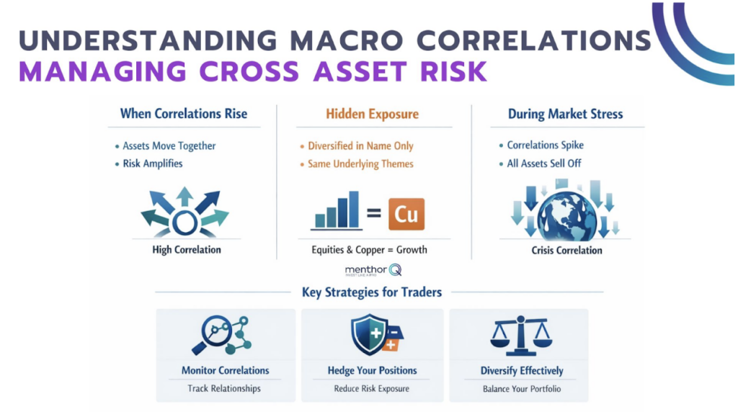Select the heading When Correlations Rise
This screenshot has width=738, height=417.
[184, 113]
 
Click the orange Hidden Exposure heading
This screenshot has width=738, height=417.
[372, 114]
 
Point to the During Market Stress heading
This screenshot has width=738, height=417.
[566, 114]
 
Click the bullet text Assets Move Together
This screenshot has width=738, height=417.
[169, 145]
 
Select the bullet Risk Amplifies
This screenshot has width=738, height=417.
[153, 163]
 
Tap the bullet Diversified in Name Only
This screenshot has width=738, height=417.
[360, 145]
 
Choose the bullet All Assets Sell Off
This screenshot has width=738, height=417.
[544, 163]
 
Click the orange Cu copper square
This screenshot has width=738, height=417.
[406, 214]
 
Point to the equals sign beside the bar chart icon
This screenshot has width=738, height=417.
[374, 214]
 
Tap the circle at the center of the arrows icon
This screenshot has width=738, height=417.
[184, 223]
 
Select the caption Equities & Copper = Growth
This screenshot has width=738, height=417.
[369, 250]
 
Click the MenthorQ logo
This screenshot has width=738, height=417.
[373, 270]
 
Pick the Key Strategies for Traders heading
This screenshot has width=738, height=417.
[372, 292]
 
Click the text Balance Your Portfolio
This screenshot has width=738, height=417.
[522, 389]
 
